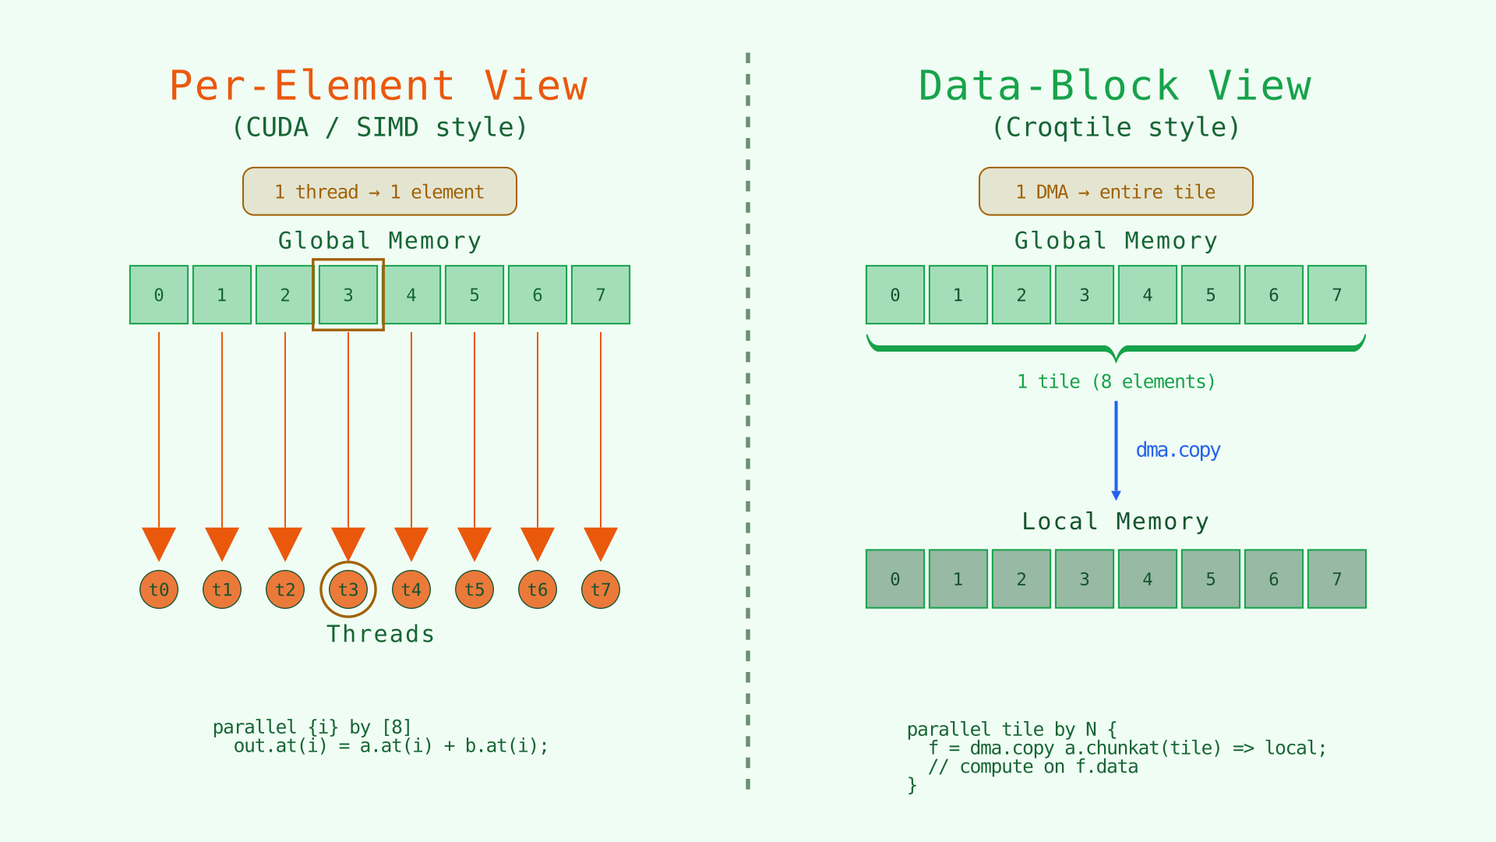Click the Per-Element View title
point(379,86)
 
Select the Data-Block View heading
point(1115,86)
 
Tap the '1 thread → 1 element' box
point(379,192)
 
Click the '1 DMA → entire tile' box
point(1115,192)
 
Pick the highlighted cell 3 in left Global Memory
point(348,295)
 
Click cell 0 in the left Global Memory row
point(159,295)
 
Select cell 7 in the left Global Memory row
point(601,295)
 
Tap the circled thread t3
point(348,589)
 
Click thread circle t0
point(159,589)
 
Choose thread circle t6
point(538,589)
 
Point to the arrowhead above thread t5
point(475,543)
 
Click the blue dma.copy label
point(1177,451)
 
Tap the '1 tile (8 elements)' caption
point(1116,382)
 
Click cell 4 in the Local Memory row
point(1148,579)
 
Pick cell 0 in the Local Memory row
point(895,579)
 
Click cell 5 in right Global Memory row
point(1211,295)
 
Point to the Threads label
point(380,634)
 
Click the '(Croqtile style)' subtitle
point(1115,127)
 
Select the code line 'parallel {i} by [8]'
point(312,727)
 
